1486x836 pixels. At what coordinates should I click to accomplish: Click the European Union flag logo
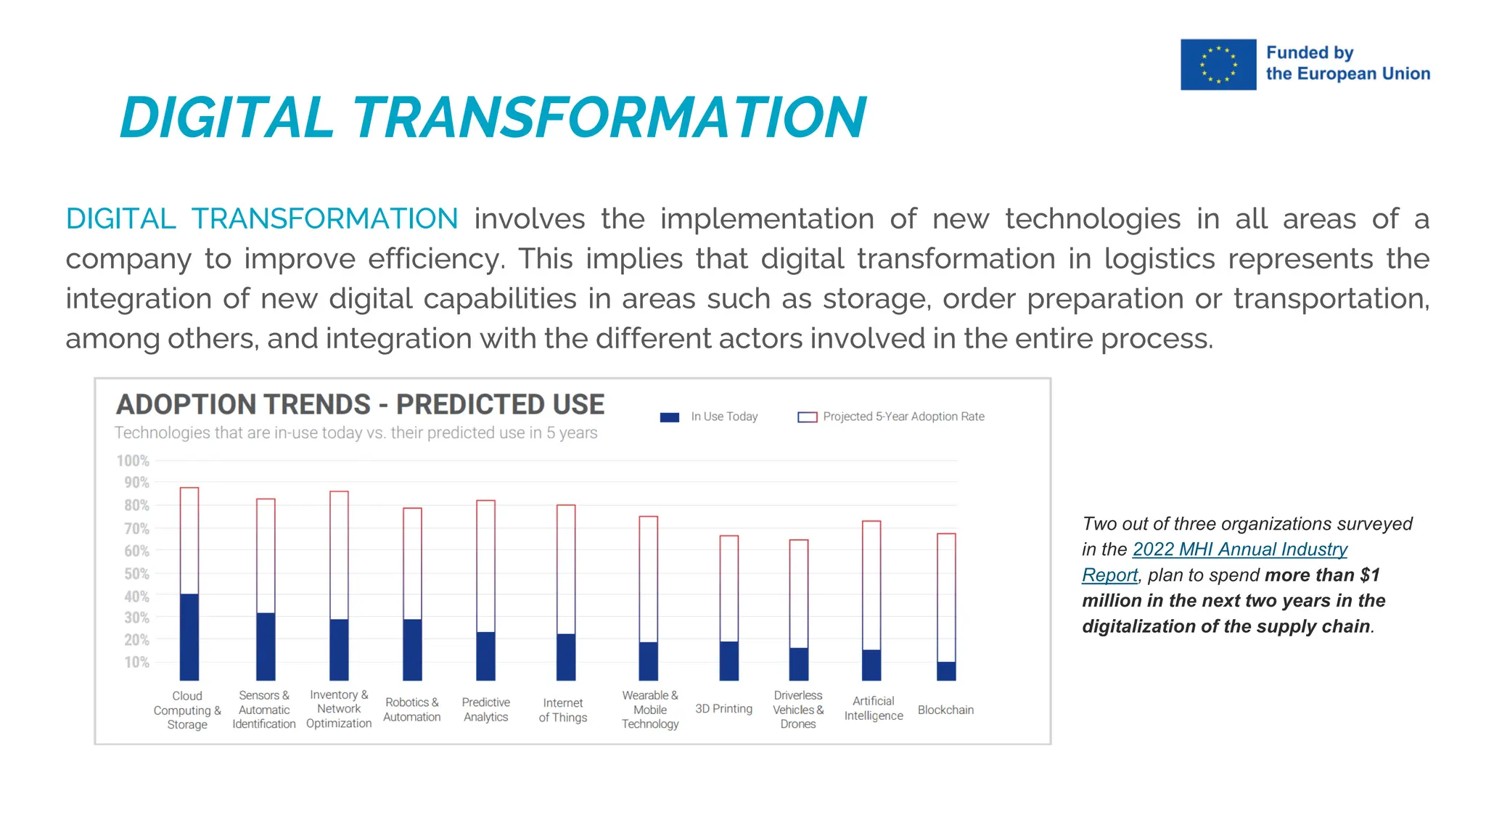(x=1218, y=65)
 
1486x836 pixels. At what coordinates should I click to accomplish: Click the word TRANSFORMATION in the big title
(x=608, y=118)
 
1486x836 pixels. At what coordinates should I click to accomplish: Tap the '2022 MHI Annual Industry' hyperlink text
(x=1239, y=549)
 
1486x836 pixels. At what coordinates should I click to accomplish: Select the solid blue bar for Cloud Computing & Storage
(x=189, y=637)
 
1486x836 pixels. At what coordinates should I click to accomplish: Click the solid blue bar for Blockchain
(x=946, y=671)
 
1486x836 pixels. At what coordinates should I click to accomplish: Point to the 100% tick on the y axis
(x=134, y=461)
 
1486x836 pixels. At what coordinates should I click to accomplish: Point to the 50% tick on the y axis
(x=136, y=574)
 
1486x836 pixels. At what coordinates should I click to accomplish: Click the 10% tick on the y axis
(x=136, y=663)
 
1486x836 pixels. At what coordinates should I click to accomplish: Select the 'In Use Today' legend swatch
(x=669, y=417)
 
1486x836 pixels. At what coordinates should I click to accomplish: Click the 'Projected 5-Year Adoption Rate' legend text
(x=903, y=417)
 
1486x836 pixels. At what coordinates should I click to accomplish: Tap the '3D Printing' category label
(x=723, y=709)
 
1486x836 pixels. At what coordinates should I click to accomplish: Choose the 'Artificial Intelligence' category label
(x=874, y=708)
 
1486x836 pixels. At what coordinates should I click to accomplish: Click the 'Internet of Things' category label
(x=563, y=710)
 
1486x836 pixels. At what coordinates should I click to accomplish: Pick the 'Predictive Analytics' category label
(x=486, y=710)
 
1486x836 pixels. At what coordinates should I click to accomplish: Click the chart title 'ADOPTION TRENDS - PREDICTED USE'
(x=360, y=405)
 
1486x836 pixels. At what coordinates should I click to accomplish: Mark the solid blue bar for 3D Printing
(x=728, y=661)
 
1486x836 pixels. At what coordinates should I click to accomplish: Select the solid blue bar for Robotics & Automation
(x=412, y=649)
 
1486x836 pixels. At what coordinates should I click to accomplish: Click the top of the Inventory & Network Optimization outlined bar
(x=339, y=492)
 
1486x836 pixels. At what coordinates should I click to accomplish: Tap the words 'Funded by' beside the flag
(x=1310, y=53)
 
